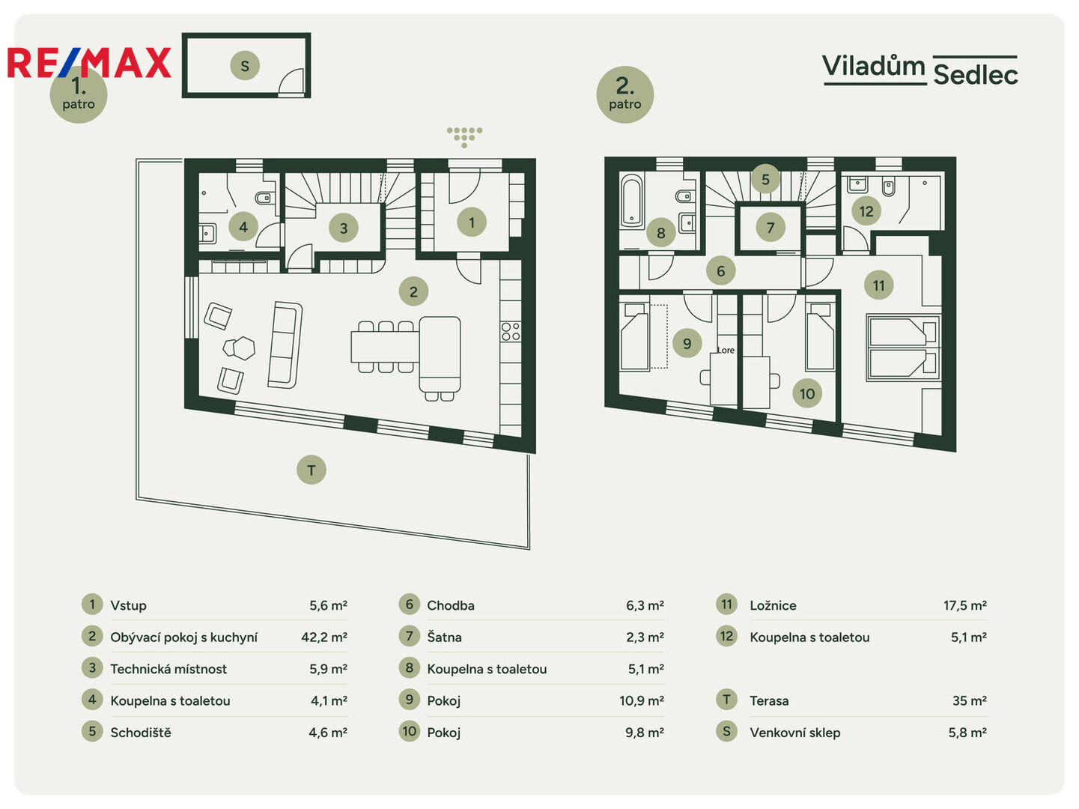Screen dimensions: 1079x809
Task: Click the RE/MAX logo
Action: point(89,62)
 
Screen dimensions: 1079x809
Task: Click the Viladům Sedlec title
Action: point(920,70)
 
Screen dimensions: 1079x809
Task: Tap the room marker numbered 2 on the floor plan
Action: point(413,291)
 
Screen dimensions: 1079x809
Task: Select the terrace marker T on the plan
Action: point(311,470)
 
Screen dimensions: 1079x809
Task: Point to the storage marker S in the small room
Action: point(245,65)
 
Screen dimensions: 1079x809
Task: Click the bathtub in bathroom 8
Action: point(632,202)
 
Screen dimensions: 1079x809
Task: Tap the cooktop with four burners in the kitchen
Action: point(511,331)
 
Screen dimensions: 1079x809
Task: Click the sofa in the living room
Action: point(285,345)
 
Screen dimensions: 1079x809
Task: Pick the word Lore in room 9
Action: point(726,350)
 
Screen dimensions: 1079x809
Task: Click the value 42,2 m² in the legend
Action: point(324,637)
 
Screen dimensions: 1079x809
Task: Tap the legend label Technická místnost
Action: point(168,669)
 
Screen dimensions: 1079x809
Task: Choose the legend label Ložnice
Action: point(773,605)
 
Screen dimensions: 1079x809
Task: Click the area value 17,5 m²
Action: point(965,605)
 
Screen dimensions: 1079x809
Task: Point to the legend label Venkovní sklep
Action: point(795,733)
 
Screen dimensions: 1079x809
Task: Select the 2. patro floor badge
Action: point(624,94)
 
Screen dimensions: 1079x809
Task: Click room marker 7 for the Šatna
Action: point(771,227)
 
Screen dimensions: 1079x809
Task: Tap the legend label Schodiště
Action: point(141,733)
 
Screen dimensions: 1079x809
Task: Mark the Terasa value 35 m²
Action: point(970,701)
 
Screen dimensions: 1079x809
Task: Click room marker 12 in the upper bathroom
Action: point(866,211)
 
